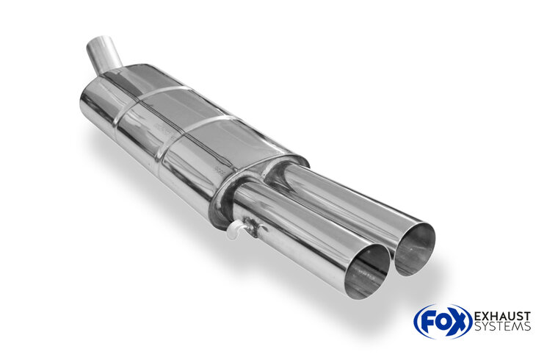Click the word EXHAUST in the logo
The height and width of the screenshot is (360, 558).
(502, 317)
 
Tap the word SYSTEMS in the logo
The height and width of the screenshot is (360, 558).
(502, 326)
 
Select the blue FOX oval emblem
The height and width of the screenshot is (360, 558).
(443, 322)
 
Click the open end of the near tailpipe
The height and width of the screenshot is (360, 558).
(368, 272)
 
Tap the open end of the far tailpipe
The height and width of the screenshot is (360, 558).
(415, 249)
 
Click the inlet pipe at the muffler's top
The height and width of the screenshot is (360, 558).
(104, 54)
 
